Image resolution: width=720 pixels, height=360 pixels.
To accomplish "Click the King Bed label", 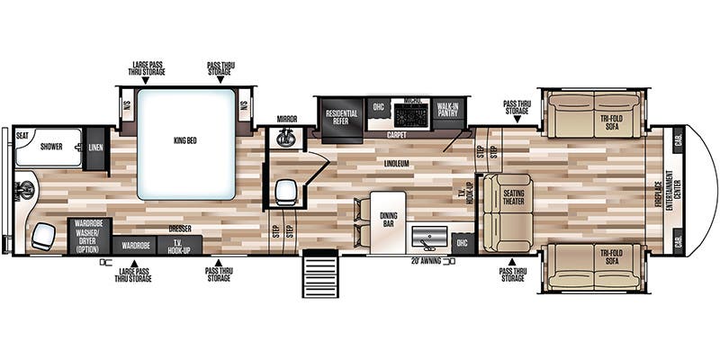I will pyautogui.click(x=187, y=140).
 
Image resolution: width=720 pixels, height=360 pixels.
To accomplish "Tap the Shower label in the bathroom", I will pyautogui.click(x=50, y=146).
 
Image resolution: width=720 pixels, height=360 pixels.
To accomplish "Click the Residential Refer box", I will pyautogui.click(x=341, y=119).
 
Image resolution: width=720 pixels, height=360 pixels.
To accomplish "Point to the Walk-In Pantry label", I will pyautogui.click(x=447, y=111).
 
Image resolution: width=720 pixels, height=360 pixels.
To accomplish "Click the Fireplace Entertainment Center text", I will pyautogui.click(x=664, y=190).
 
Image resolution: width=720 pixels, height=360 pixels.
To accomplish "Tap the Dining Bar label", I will pyautogui.click(x=388, y=218).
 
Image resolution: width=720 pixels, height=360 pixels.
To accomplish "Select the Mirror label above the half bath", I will pyautogui.click(x=287, y=118).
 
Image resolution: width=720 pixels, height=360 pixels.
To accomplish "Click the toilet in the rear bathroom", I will pyautogui.click(x=26, y=191).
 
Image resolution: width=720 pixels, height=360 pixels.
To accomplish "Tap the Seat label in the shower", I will pyautogui.click(x=22, y=136).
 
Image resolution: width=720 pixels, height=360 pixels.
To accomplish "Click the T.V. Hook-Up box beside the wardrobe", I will pyautogui.click(x=179, y=245).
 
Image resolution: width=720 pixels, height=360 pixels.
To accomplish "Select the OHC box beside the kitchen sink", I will pyautogui.click(x=463, y=242).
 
